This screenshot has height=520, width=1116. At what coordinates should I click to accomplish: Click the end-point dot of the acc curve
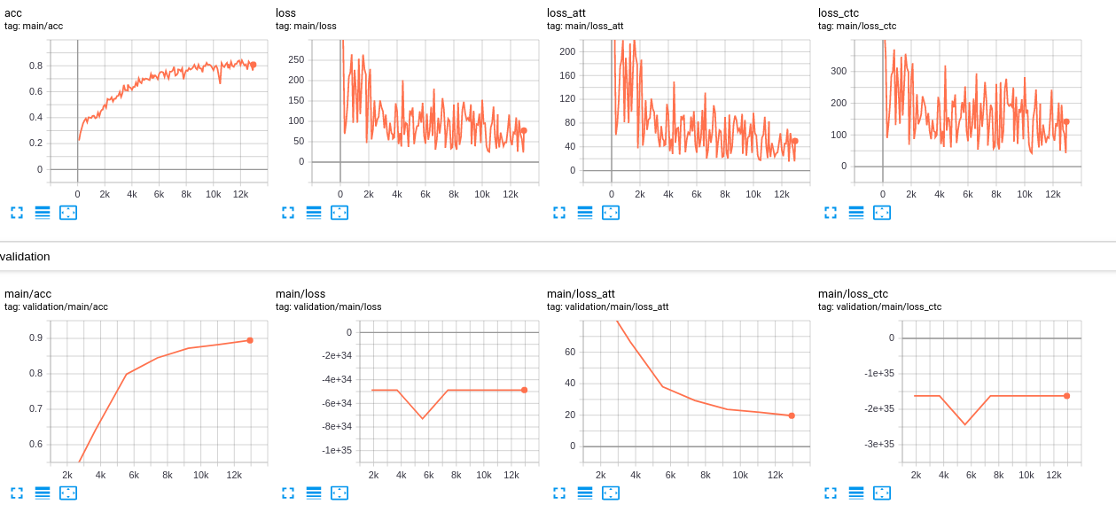click(253, 65)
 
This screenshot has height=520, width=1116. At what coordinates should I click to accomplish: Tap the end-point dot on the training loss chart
click(524, 130)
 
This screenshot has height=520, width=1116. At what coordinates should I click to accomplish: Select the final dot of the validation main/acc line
click(250, 340)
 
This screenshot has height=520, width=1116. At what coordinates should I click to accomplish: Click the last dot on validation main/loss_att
click(792, 415)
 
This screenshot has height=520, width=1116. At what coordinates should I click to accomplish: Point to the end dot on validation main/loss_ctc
click(1066, 396)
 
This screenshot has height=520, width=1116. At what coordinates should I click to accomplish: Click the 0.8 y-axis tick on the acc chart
click(35, 66)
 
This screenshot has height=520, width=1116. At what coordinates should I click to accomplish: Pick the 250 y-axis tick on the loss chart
click(296, 59)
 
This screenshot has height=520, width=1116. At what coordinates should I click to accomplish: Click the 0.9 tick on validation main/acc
click(35, 338)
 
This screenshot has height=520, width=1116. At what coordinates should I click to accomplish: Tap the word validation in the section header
click(25, 257)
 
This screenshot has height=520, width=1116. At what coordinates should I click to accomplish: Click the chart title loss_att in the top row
click(566, 13)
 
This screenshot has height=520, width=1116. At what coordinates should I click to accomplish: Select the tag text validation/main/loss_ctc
click(879, 307)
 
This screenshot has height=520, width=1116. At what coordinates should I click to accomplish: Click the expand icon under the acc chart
click(17, 213)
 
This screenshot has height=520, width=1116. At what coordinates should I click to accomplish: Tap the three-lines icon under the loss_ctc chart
click(855, 213)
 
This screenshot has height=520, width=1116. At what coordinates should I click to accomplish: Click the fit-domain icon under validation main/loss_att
click(611, 493)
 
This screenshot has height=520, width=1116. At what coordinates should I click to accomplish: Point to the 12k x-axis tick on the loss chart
click(510, 194)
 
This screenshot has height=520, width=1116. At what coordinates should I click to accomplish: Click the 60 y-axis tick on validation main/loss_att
click(571, 352)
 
